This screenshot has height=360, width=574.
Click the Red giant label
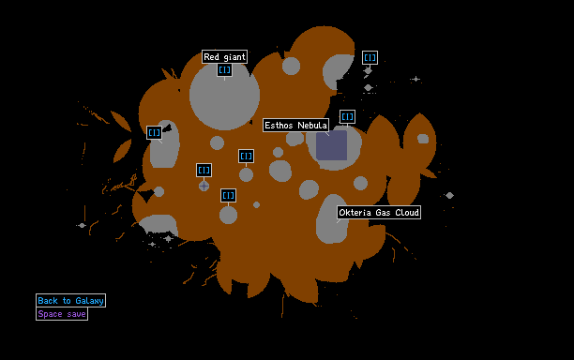click(x=224, y=56)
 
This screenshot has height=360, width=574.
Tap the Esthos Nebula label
click(x=295, y=125)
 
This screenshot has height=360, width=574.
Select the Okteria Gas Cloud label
click(x=379, y=212)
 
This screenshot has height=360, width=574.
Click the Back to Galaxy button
click(x=70, y=300)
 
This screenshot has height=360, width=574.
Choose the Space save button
click(x=62, y=313)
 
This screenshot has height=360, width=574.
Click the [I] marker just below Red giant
click(x=224, y=69)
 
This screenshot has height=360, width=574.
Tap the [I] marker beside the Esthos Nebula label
click(x=347, y=116)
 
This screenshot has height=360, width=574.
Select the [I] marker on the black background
click(x=370, y=57)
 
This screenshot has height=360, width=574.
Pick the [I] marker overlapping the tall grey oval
click(x=154, y=132)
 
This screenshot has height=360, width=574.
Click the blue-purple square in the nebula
click(x=332, y=145)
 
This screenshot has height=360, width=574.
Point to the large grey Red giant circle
click(x=224, y=95)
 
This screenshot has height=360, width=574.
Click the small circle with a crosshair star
click(x=204, y=186)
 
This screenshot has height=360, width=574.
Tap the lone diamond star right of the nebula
click(x=449, y=195)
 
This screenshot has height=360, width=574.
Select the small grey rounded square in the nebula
click(x=423, y=139)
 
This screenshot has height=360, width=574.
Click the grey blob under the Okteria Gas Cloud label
click(x=332, y=218)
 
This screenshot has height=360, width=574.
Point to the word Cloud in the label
click(x=407, y=212)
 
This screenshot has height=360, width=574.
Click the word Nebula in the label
click(x=312, y=125)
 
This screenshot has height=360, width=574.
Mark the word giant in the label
click(x=234, y=57)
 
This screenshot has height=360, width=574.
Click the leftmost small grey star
click(x=82, y=225)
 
